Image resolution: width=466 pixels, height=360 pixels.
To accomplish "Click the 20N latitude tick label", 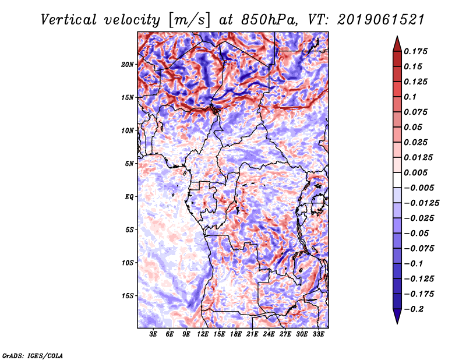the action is pyautogui.click(x=128, y=65).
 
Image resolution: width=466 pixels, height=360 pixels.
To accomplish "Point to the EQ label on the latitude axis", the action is pyautogui.click(x=129, y=197).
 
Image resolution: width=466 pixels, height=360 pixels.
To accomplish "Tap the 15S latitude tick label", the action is pyautogui.click(x=128, y=296).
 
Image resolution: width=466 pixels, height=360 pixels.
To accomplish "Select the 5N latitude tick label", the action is pyautogui.click(x=129, y=164).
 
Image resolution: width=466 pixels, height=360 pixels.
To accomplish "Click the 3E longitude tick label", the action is pyautogui.click(x=153, y=334).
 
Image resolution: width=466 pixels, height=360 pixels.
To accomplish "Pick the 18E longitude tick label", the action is pyautogui.click(x=236, y=334).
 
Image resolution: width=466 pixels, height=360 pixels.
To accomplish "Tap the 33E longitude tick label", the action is pyautogui.click(x=318, y=334).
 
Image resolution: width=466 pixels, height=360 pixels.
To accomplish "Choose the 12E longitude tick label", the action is pyautogui.click(x=203, y=334).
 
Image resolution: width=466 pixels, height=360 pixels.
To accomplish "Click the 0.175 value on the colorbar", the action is pyautogui.click(x=415, y=51).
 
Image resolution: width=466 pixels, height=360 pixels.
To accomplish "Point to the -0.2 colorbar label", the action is pyautogui.click(x=414, y=309).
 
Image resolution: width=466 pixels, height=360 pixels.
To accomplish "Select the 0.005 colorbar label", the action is pyautogui.click(x=415, y=172).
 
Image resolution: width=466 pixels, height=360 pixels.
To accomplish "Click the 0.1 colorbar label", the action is pyautogui.click(x=410, y=97).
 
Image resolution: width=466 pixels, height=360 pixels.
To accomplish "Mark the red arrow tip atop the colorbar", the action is pyautogui.click(x=397, y=37).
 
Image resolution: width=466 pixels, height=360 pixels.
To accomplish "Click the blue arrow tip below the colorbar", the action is pyautogui.click(x=397, y=323).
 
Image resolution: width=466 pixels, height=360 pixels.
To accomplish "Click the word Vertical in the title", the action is pyautogui.click(x=69, y=20).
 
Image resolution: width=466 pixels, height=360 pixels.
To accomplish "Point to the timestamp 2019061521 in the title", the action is pyautogui.click(x=381, y=20).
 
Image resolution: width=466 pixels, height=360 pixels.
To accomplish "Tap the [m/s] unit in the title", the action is pyautogui.click(x=189, y=20).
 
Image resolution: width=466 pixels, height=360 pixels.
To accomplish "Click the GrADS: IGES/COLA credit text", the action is pyautogui.click(x=33, y=355).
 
